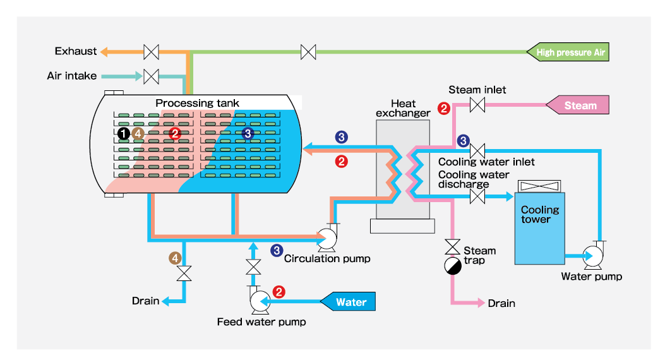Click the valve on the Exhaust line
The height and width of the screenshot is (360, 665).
pyautogui.click(x=151, y=51)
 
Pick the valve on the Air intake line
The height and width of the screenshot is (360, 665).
pyautogui.click(x=151, y=76)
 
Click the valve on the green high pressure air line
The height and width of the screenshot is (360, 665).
pyautogui.click(x=308, y=52)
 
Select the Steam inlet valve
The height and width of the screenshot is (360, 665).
pyautogui.click(x=477, y=105)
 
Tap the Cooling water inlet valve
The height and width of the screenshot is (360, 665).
pyautogui.click(x=477, y=150)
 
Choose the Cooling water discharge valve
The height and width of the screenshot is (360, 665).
pyautogui.click(x=477, y=197)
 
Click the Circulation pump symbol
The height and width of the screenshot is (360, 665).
pyautogui.click(x=328, y=238)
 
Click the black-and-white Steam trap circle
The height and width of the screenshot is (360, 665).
pyautogui.click(x=453, y=266)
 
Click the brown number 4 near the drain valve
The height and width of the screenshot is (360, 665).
pyautogui.click(x=175, y=258)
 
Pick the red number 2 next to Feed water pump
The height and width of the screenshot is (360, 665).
pyautogui.click(x=279, y=292)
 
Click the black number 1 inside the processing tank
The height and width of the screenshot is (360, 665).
pyautogui.click(x=124, y=133)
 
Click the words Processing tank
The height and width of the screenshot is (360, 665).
pyautogui.click(x=198, y=103)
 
